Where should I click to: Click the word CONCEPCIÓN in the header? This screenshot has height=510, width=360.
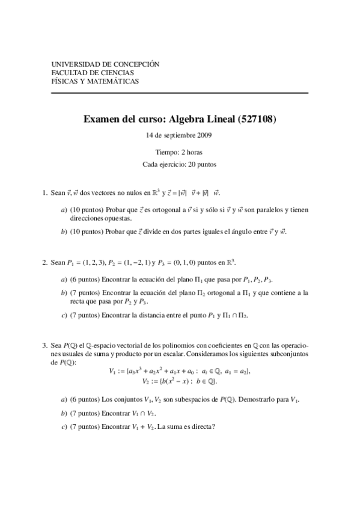point(136,63)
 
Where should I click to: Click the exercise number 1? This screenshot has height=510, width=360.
point(44,193)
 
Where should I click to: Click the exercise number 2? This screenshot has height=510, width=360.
point(44,262)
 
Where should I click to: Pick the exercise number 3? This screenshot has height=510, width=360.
point(44,346)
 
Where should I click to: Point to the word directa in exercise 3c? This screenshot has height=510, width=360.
point(195,428)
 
